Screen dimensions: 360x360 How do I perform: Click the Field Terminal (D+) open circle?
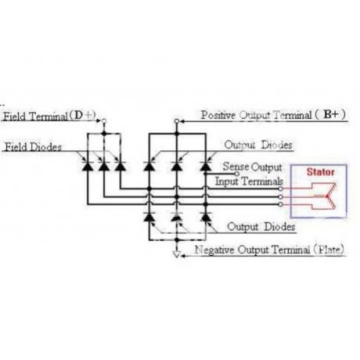point(104,121)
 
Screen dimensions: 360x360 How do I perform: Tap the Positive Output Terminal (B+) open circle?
point(177,121)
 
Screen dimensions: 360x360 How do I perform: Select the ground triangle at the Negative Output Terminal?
point(177,254)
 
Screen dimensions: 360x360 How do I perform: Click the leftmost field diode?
point(88,166)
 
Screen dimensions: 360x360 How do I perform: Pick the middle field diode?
point(104,166)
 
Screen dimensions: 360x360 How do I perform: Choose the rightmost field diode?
point(121,166)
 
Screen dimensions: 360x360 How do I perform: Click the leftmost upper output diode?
point(149,166)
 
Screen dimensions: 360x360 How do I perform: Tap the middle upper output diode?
point(177,166)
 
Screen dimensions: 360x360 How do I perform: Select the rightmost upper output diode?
point(206,166)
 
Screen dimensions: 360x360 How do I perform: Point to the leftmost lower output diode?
point(149,217)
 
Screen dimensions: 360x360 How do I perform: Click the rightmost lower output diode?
point(206,217)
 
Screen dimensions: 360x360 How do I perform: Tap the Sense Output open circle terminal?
point(237,174)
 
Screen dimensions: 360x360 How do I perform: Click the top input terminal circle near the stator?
point(281,189)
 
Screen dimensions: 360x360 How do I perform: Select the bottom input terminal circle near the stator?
point(281,204)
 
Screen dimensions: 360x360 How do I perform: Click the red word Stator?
point(320,172)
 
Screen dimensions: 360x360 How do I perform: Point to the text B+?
point(331,114)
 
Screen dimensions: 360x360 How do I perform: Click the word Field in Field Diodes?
point(16,147)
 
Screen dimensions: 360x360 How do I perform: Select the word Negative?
point(214,250)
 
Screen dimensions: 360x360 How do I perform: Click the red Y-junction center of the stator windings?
point(327,196)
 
